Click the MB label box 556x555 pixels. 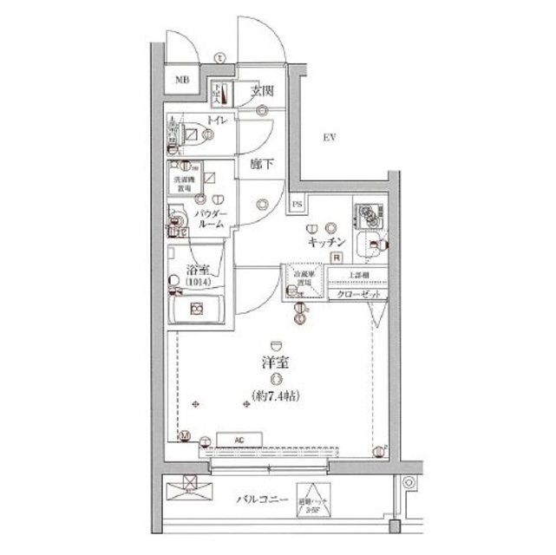tap(181, 82)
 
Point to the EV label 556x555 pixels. tap(329, 137)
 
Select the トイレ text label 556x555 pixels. tap(216, 121)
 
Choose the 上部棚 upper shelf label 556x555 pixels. tap(357, 276)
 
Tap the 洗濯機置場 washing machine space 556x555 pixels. tap(182, 182)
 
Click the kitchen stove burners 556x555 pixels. tap(368, 213)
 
